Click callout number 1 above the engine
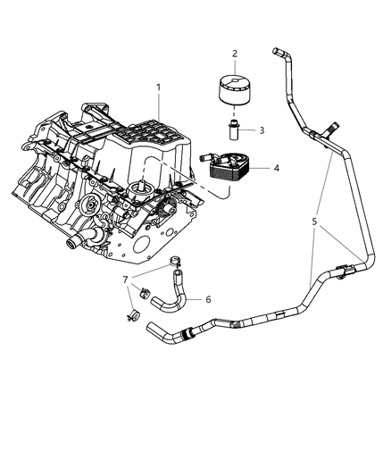coord(158,88)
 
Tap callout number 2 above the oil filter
coord(235,54)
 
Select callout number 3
coord(262,130)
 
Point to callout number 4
coord(277,167)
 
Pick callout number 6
coord(209,299)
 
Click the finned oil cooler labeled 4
coord(231,170)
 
